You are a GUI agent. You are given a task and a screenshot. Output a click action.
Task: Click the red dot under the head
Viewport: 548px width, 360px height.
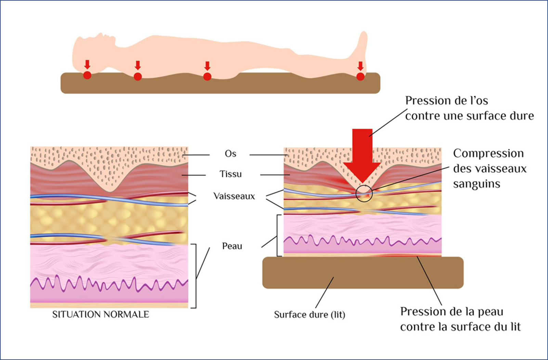point(87,75)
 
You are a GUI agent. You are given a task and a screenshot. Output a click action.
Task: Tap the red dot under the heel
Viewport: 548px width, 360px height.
point(360,76)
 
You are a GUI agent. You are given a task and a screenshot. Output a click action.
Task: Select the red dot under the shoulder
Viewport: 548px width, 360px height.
point(138,77)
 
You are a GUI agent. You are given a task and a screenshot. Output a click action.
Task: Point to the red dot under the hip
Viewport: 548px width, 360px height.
point(207,77)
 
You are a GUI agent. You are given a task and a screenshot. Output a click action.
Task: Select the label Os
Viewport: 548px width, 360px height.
point(231,154)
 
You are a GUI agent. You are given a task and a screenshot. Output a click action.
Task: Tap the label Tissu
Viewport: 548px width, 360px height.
point(231,174)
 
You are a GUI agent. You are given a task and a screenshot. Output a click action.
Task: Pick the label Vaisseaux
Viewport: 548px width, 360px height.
point(234,196)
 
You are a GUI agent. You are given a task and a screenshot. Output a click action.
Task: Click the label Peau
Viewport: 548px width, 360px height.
point(232,246)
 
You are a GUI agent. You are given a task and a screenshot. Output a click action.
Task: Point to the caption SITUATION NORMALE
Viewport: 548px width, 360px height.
point(101,315)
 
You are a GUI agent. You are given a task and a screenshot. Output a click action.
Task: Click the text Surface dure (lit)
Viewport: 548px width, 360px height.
point(310,315)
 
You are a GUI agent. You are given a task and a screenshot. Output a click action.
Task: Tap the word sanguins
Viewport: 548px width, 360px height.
point(477,184)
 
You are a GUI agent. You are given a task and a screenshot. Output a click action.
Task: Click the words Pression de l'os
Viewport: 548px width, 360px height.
point(446,101)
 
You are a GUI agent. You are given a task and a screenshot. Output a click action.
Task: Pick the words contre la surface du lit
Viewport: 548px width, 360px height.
point(460,327)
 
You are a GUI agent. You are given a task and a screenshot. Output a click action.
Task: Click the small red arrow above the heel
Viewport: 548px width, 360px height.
point(360,66)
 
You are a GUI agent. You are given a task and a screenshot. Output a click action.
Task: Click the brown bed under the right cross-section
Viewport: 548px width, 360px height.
point(363,273)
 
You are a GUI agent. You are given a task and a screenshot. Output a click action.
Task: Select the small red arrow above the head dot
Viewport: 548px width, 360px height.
point(87,65)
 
